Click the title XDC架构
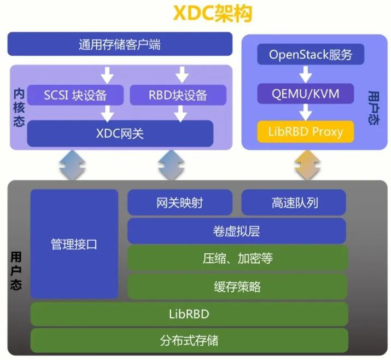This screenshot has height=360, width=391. click(x=213, y=14)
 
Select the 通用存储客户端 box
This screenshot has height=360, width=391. click(x=120, y=44)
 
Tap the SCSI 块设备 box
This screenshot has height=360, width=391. click(x=75, y=95)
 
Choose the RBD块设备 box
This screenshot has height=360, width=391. click(x=178, y=95)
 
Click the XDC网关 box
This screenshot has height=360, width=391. click(x=120, y=133)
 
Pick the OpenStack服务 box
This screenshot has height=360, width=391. click(x=310, y=55)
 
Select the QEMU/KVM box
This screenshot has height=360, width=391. click(x=306, y=94)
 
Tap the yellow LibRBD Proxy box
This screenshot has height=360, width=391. click(x=306, y=131)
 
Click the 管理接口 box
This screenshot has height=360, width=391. click(x=74, y=243)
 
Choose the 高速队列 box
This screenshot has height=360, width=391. click(x=294, y=202)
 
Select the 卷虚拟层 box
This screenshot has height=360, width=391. click(x=237, y=231)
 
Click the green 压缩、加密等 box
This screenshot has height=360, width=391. click(x=237, y=258)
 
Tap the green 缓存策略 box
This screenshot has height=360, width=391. click(x=237, y=286)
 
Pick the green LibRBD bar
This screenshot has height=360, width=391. click(x=189, y=314)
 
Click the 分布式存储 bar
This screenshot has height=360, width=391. click(x=189, y=340)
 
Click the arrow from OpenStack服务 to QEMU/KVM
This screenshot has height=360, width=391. click(x=306, y=74)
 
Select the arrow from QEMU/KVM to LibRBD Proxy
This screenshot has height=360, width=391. click(x=306, y=112)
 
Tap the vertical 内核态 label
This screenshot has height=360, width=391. click(x=19, y=107)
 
